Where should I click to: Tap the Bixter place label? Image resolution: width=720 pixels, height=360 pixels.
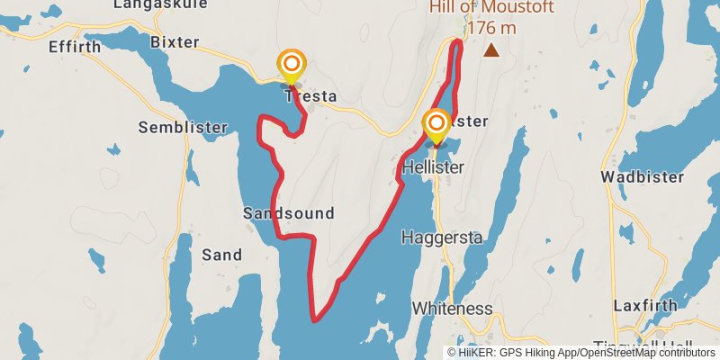point(175,42)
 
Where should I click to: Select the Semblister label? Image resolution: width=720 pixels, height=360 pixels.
point(183,128)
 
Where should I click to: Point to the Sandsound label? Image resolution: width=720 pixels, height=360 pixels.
point(289,213)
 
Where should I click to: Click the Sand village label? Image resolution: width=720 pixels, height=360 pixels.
point(221,255)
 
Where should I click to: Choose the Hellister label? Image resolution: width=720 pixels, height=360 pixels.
point(434,167)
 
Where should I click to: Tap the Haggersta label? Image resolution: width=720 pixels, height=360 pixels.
point(442,238)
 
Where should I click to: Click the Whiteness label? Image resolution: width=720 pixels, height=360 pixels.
point(452,308)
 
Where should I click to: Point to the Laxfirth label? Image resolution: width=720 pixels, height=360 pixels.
point(644,305)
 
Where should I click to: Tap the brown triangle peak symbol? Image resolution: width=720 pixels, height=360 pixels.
point(491,51)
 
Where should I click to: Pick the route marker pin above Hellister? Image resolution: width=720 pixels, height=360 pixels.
point(436,124)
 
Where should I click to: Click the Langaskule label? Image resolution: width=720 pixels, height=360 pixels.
point(149,5)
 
